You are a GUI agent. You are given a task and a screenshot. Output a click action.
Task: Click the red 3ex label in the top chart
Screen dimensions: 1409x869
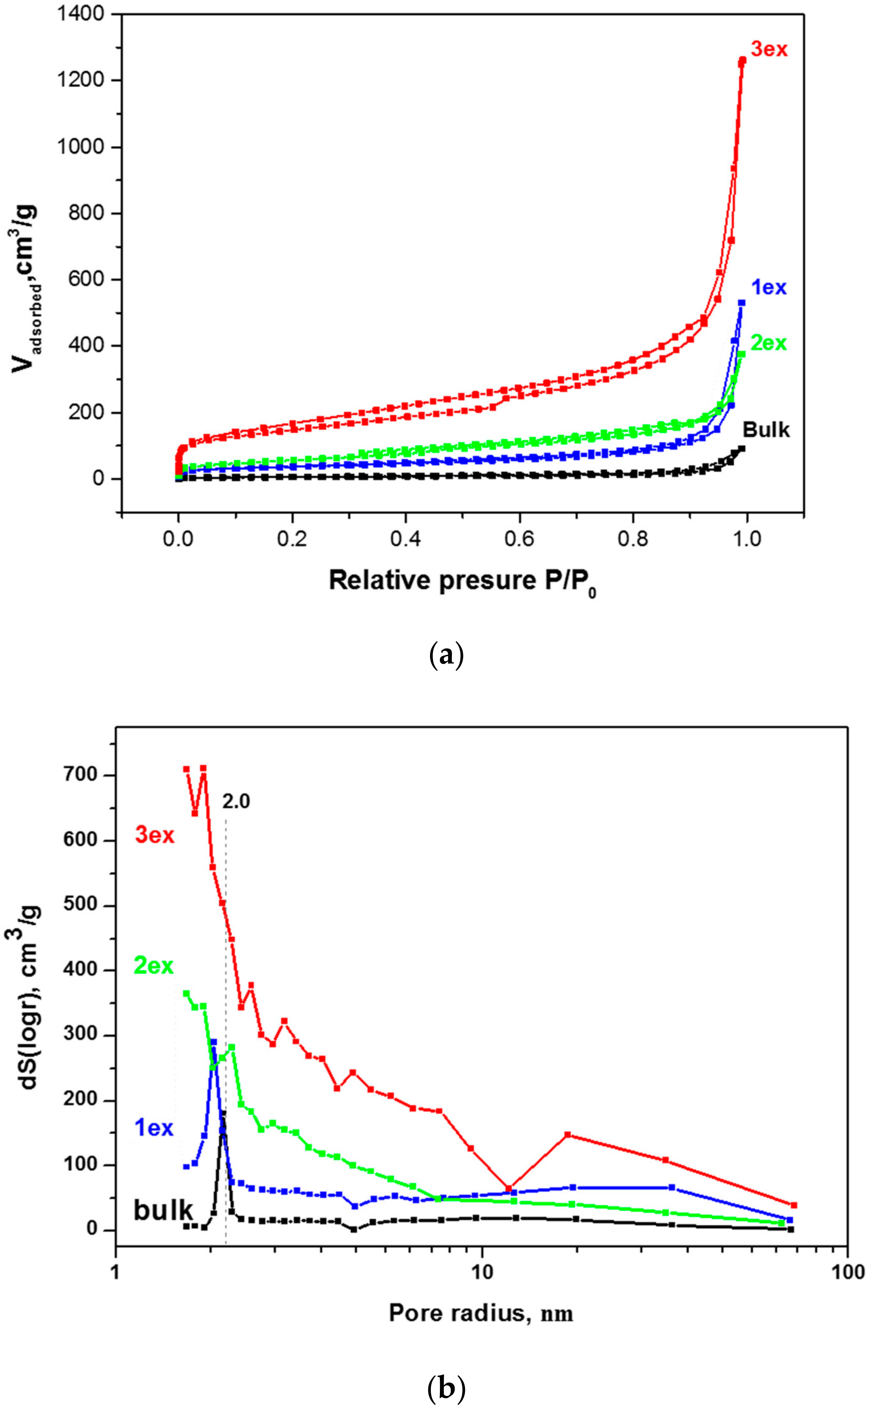tap(769, 50)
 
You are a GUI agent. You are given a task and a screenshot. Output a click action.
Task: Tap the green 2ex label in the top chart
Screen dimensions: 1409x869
tap(769, 343)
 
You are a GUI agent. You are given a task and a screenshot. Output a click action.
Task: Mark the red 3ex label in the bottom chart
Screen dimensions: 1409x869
tap(154, 835)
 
